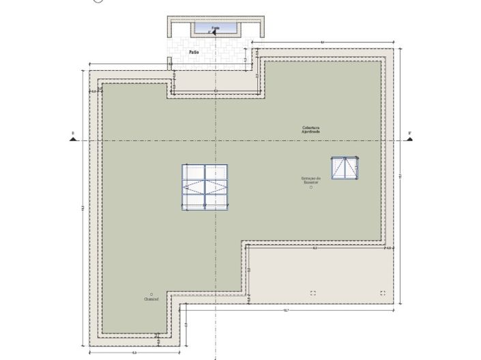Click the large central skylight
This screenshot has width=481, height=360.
[205, 187]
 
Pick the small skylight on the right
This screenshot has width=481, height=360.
[345, 167]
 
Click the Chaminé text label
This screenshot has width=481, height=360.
[151, 299]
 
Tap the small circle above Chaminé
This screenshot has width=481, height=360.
[151, 295]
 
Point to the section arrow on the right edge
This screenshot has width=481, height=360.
[410, 139]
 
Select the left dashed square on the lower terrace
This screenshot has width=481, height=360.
[312, 292]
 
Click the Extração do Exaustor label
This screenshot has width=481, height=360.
[310, 181]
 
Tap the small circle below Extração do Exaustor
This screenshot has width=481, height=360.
[310, 188]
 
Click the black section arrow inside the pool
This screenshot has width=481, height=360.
[212, 31]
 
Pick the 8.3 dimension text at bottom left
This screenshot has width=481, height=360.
[134, 352]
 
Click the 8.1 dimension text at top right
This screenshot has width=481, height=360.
[322, 42]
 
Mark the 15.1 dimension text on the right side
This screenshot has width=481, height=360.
[401, 177]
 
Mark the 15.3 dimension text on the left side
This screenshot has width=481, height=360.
[83, 207]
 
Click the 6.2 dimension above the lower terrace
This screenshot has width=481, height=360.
[315, 248]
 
